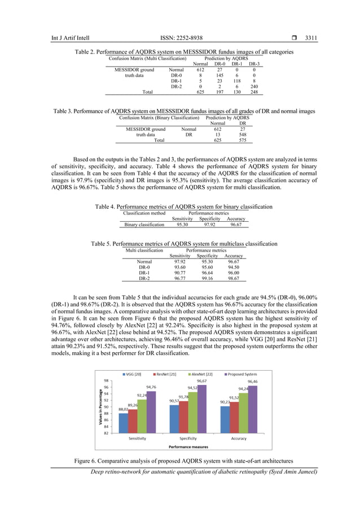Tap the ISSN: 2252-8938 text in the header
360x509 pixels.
[180, 38]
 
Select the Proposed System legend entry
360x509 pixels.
[243, 374]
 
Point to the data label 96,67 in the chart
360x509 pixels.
[201, 381]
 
